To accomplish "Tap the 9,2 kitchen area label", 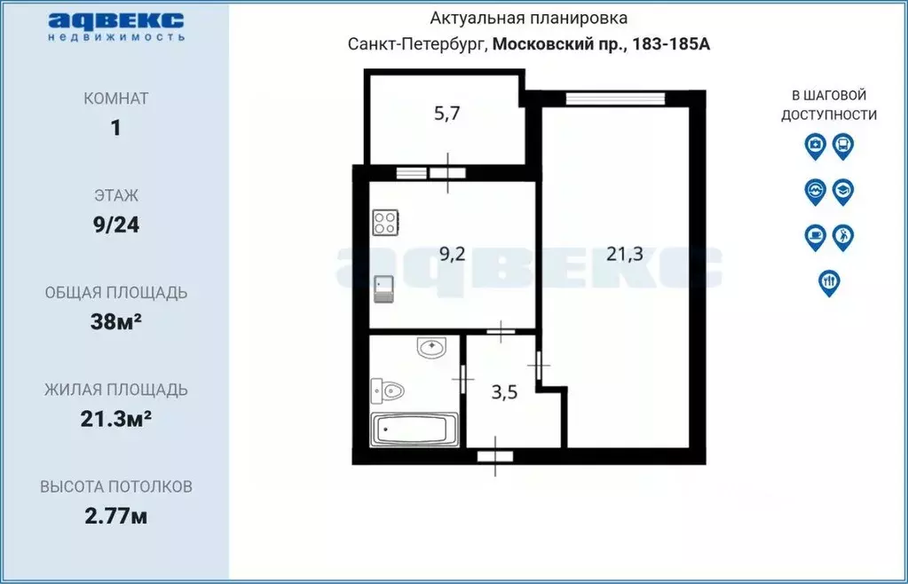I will point(453,254).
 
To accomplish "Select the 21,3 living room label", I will point(625,255).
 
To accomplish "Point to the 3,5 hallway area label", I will point(504,392).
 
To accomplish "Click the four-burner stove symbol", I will point(385,222).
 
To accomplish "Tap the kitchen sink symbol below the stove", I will point(384,288).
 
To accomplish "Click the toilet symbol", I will point(389,390).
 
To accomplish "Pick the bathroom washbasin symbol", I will point(431,348).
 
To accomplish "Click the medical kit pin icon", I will point(815,145).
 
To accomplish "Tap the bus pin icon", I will point(843,145).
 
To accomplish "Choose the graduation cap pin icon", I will point(843,190).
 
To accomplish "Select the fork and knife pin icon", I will point(829,281).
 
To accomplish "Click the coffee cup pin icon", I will point(815,236).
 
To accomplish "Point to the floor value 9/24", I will point(116,225).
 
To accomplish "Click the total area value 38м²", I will point(116,321).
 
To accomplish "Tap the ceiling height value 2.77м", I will point(116,516).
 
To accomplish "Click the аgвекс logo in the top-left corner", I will point(116,25).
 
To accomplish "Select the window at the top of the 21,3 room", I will point(615,99).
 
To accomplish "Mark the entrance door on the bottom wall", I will point(495,456).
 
